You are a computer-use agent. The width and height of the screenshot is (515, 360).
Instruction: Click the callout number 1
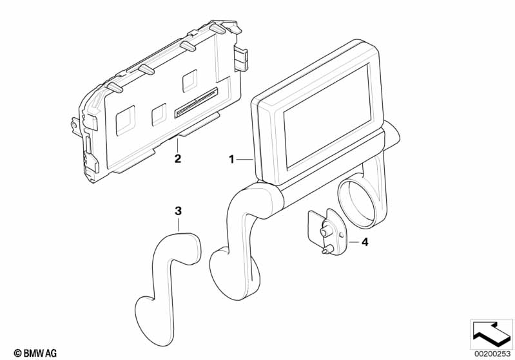coord(231,160)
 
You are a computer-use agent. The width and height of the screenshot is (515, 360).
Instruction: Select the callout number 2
coord(178,159)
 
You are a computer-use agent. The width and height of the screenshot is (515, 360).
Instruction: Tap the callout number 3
coord(178,211)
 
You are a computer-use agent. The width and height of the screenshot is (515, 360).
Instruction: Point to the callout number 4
coord(365,243)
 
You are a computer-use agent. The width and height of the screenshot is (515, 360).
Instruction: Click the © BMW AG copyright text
coord(35,353)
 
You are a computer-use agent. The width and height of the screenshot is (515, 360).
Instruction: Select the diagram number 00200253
coord(492,354)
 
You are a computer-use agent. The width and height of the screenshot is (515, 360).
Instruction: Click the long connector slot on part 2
coord(197,102)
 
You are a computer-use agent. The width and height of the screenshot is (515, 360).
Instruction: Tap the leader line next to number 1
coord(244,160)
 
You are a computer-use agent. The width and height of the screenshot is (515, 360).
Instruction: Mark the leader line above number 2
coord(177,146)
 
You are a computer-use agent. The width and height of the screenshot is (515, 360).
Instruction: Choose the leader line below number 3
coord(178,225)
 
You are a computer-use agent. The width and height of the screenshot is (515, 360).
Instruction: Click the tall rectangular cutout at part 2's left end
coord(126,120)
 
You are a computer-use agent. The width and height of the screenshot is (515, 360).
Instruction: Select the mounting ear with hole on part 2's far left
coord(75,125)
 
